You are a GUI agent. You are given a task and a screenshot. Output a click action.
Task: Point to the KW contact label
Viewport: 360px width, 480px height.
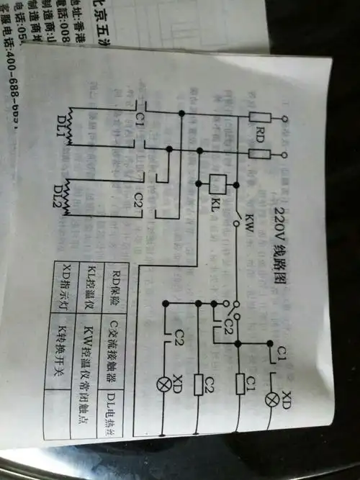pos(246,217)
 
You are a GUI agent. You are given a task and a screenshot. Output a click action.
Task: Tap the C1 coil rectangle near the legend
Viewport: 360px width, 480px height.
pos(242,382)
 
